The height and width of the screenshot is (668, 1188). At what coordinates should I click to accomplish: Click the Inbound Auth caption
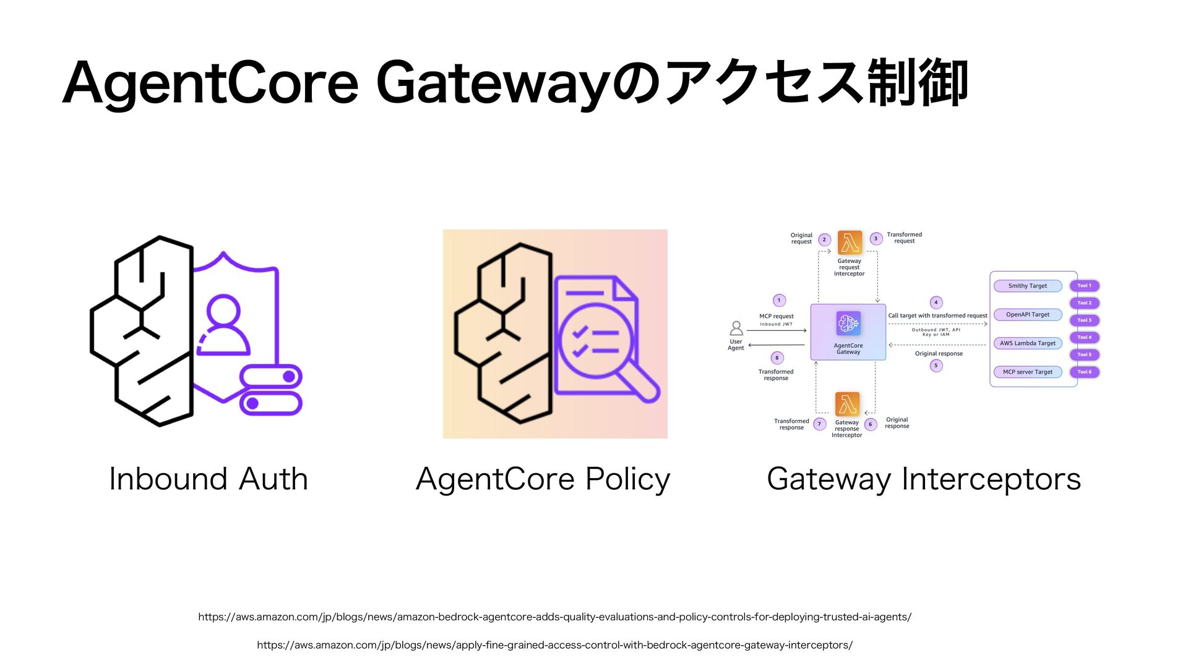tap(209, 479)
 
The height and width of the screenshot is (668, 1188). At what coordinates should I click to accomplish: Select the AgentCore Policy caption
tap(543, 479)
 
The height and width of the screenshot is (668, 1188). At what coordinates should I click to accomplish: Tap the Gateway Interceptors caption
tap(924, 479)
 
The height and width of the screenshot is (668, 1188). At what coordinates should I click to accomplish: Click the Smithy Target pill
tap(1027, 286)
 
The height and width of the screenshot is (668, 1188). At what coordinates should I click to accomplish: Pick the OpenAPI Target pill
tap(1027, 315)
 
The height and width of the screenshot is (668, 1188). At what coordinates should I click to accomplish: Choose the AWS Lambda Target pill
tap(1027, 343)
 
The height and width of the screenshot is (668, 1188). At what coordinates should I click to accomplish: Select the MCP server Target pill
tap(1027, 372)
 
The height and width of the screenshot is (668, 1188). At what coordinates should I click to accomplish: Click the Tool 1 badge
tap(1084, 286)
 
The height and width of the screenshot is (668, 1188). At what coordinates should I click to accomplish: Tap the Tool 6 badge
tap(1084, 372)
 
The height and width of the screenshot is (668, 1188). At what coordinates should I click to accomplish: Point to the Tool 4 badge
tap(1084, 337)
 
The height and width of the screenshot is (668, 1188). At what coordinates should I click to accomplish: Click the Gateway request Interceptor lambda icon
tap(850, 243)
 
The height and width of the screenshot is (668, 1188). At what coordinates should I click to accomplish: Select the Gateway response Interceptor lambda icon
tap(847, 405)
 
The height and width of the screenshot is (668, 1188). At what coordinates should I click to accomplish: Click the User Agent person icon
tap(736, 328)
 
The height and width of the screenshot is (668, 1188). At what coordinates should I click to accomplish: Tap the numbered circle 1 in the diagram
tap(779, 301)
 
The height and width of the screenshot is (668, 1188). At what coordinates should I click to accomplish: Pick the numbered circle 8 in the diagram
tap(777, 358)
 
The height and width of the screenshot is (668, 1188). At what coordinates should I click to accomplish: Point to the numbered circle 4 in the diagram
tap(936, 302)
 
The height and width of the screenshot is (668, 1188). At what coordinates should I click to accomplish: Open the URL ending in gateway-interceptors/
tap(554, 645)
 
